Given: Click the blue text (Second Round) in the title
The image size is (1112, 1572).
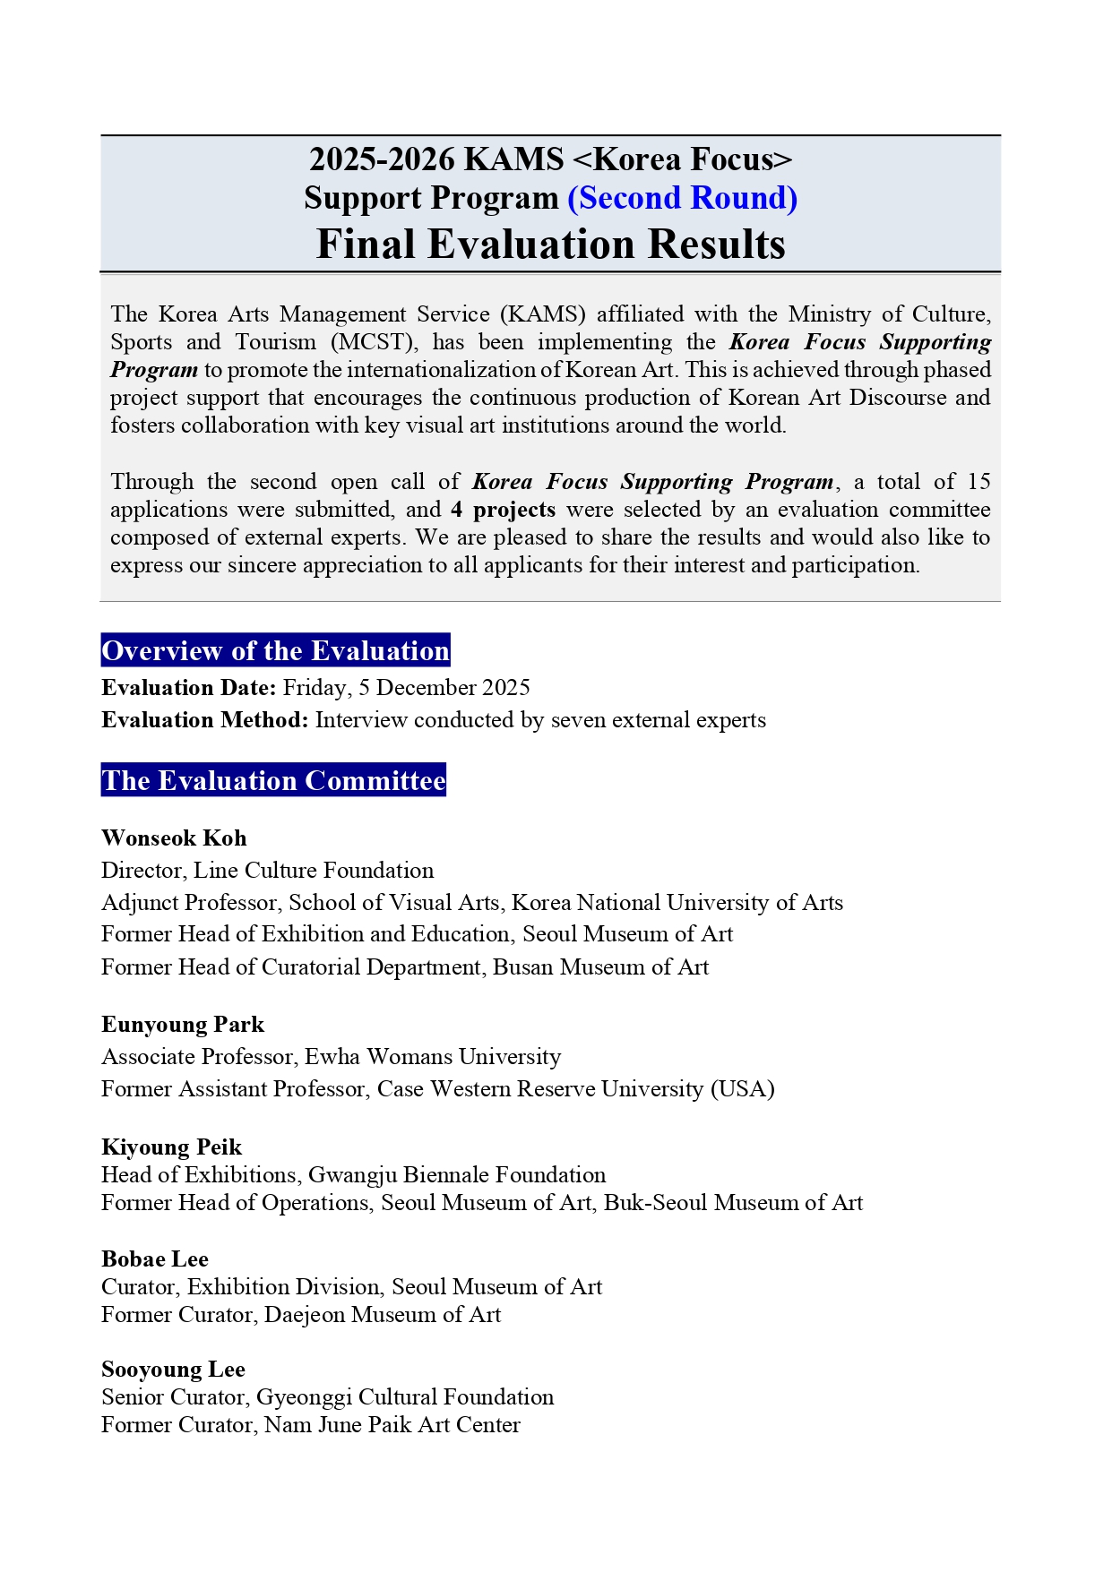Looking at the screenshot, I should pyautogui.click(x=682, y=198).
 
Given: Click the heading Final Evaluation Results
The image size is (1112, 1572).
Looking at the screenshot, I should pyautogui.click(x=550, y=244).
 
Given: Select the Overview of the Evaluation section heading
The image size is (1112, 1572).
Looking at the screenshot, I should pyautogui.click(x=275, y=650).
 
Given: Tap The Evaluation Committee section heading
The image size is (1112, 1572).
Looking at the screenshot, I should pyautogui.click(x=273, y=780).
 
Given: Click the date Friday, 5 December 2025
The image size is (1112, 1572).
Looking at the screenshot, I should pyautogui.click(x=406, y=688).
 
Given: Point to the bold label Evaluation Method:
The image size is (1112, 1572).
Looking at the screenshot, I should pyautogui.click(x=205, y=720).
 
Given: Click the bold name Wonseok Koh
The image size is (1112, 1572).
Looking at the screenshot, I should pyautogui.click(x=174, y=838).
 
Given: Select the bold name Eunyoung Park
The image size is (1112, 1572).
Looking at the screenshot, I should pyautogui.click(x=183, y=1025).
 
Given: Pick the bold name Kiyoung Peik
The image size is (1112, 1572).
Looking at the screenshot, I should pyautogui.click(x=172, y=1147).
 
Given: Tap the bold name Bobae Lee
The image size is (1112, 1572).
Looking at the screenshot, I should pyautogui.click(x=155, y=1259).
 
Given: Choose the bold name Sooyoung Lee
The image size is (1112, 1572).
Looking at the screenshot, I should pyautogui.click(x=173, y=1370).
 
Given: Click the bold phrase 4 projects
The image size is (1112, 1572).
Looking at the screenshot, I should pyautogui.click(x=503, y=510).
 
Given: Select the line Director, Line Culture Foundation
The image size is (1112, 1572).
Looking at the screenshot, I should pyautogui.click(x=267, y=871).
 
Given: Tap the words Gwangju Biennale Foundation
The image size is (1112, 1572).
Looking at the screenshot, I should pyautogui.click(x=457, y=1175).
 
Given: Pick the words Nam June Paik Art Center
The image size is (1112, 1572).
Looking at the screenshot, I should pyautogui.click(x=392, y=1425).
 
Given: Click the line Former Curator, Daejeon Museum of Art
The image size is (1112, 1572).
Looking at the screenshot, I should pyautogui.click(x=301, y=1315).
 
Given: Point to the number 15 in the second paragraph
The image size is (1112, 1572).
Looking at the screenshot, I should pyautogui.click(x=978, y=482).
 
